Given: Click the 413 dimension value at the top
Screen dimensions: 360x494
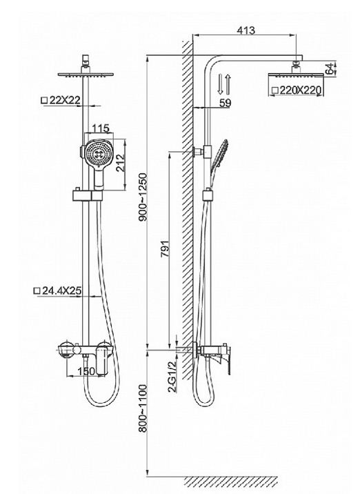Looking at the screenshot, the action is (x=246, y=30).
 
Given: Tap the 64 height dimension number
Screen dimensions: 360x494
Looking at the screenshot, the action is (x=330, y=69).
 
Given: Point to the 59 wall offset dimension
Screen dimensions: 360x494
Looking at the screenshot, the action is (x=225, y=103).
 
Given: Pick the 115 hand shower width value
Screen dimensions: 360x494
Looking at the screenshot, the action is (x=100, y=128).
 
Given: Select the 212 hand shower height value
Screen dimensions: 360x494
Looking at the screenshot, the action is (x=121, y=163).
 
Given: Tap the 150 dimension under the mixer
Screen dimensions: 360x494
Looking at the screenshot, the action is (x=86, y=371).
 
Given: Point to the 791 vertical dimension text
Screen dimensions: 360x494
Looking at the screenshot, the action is (x=165, y=250).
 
